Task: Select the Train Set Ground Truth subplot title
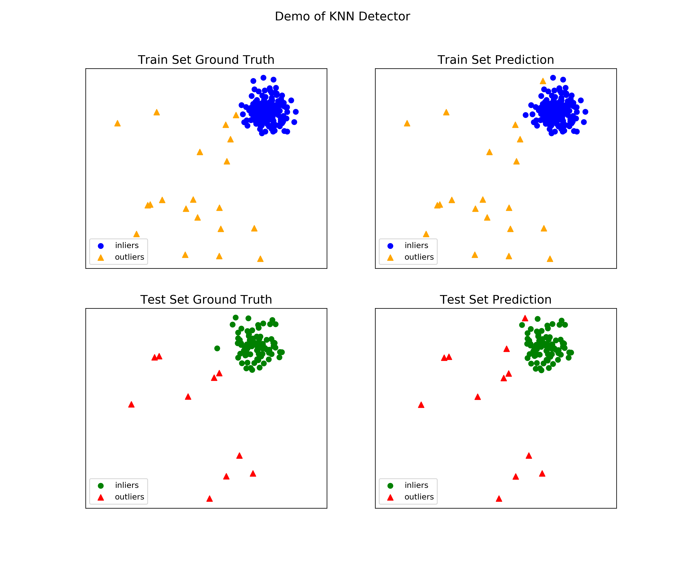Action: [x=206, y=60]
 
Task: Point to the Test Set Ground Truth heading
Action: [x=206, y=300]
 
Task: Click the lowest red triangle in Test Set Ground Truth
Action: [x=210, y=498]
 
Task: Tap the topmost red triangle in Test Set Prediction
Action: [x=525, y=318]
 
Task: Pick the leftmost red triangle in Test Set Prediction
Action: [x=421, y=405]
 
